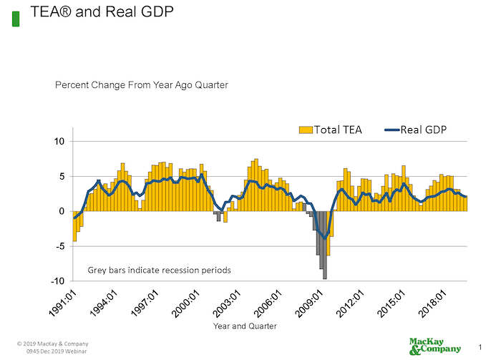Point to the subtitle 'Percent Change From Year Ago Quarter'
[142, 85]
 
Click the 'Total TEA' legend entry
[330, 130]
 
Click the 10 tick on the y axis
[59, 142]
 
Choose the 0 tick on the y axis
[62, 211]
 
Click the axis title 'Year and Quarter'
[245, 326]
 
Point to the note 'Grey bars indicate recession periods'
[159, 271]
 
